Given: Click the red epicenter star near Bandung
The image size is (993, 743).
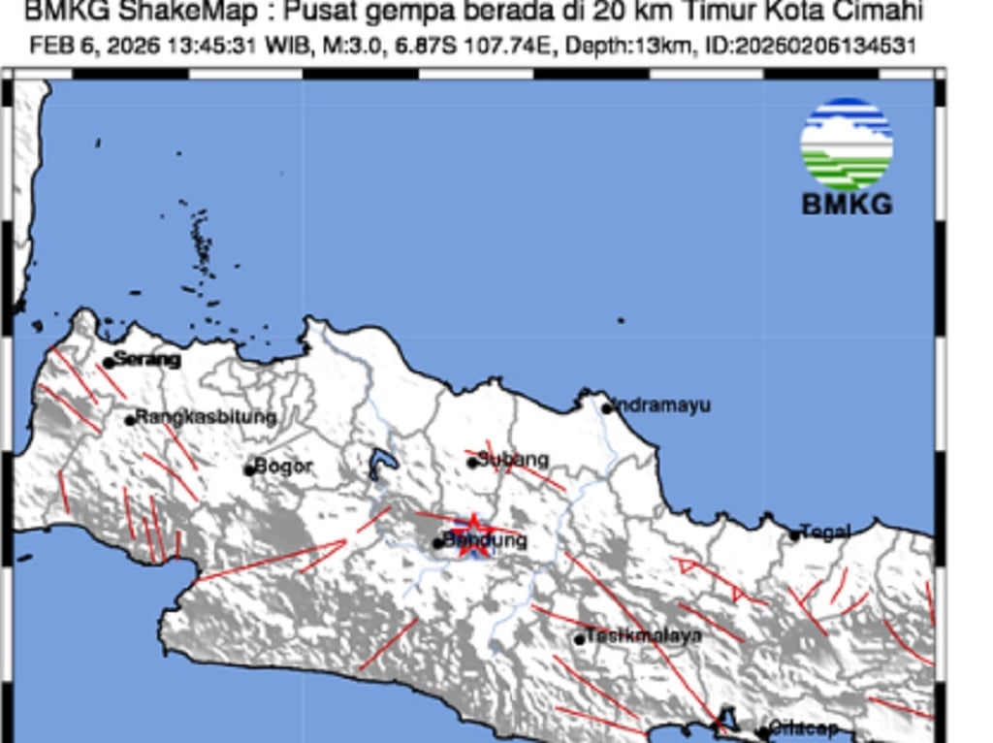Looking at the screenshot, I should point(473,534).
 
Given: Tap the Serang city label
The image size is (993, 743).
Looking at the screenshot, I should point(146,360).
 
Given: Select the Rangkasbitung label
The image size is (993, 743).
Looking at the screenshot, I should point(206,418).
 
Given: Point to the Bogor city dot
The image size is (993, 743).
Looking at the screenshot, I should point(249,470).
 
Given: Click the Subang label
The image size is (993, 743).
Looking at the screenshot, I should point(514,460).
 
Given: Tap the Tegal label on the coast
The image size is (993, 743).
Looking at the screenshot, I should point(825,532).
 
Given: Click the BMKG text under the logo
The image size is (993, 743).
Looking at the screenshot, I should point(847,205).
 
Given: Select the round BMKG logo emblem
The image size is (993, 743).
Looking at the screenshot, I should point(847,144).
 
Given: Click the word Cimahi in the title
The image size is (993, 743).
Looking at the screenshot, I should point(881,13).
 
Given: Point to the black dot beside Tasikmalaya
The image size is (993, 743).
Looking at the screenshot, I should point(580,639).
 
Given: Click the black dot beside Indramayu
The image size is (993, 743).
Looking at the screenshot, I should point(607,408).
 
